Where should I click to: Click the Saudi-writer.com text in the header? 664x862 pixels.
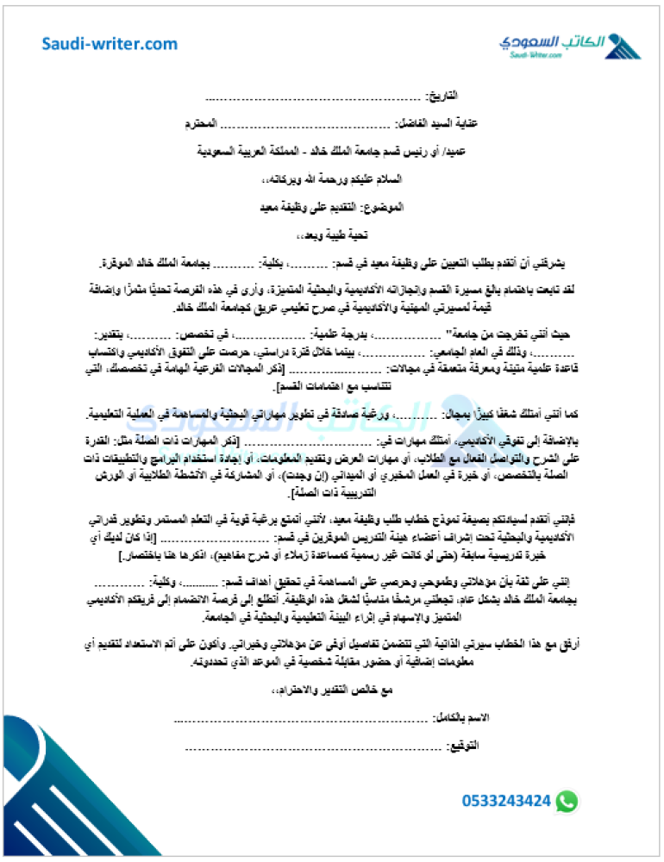click(x=110, y=44)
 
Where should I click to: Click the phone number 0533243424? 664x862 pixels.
click(x=506, y=802)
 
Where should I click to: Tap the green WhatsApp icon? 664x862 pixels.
click(x=567, y=802)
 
